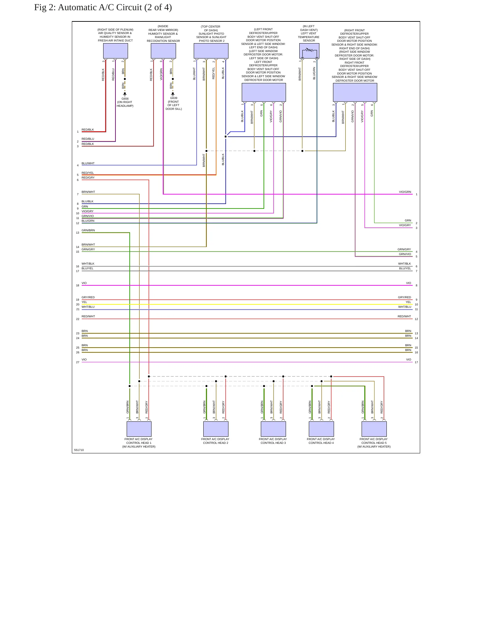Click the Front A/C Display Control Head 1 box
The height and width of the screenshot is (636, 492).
pyautogui.click(x=139, y=429)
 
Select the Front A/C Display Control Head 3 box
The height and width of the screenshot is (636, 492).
pyautogui.click(x=273, y=429)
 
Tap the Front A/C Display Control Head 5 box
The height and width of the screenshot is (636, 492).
pyautogui.click(x=374, y=429)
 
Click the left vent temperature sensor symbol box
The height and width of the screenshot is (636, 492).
pyautogui.click(x=309, y=51)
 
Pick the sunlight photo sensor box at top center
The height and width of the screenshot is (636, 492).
pyautogui.click(x=211, y=51)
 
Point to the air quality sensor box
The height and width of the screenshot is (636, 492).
pyautogui.click(x=115, y=51)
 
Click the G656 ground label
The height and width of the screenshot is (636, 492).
pyautogui.click(x=125, y=99)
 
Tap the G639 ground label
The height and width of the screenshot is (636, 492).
pyautogui.click(x=174, y=98)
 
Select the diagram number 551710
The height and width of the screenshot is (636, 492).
pyautogui.click(x=79, y=450)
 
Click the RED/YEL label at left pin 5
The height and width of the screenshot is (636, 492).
pyautogui.click(x=88, y=173)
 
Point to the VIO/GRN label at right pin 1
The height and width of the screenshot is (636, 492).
pyautogui.click(x=405, y=192)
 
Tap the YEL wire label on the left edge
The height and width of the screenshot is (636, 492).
pyautogui.click(x=84, y=302)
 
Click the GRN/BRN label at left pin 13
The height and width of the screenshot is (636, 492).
pyautogui.click(x=88, y=230)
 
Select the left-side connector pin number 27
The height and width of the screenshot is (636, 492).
pyautogui.click(x=78, y=362)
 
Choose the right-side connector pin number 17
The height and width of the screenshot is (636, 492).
pyautogui.click(x=416, y=362)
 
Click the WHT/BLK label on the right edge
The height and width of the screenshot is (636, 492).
pyautogui.click(x=404, y=264)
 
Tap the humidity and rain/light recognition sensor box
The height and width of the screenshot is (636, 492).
pyautogui.click(x=163, y=51)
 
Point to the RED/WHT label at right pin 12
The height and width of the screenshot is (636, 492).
pyautogui.click(x=404, y=316)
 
